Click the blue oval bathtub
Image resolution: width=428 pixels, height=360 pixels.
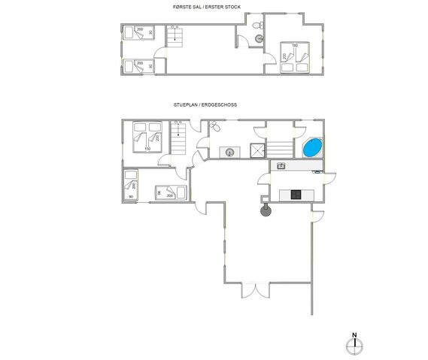312,147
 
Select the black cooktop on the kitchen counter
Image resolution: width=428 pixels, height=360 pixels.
296,195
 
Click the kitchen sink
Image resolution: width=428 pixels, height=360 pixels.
282,166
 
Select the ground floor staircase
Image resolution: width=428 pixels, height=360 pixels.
180,138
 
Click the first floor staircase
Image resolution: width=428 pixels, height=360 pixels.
174,37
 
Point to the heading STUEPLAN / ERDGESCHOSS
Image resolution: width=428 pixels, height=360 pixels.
205,106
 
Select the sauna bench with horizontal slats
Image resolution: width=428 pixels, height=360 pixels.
282,147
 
